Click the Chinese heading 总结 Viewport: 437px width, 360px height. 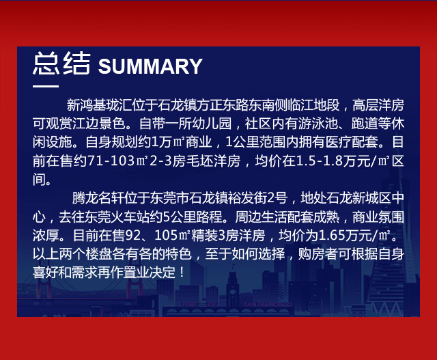coord(61,64)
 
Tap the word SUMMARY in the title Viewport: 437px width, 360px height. coord(150,66)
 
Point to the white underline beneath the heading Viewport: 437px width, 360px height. coord(46,86)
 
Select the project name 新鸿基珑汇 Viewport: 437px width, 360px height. coord(100,105)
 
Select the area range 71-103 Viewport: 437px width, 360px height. coord(111,161)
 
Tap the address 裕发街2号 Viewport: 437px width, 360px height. coord(261,198)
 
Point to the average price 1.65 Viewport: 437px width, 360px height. coord(331,236)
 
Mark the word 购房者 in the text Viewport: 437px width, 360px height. coord(318,254)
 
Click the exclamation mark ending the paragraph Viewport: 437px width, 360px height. coord(182,273)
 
